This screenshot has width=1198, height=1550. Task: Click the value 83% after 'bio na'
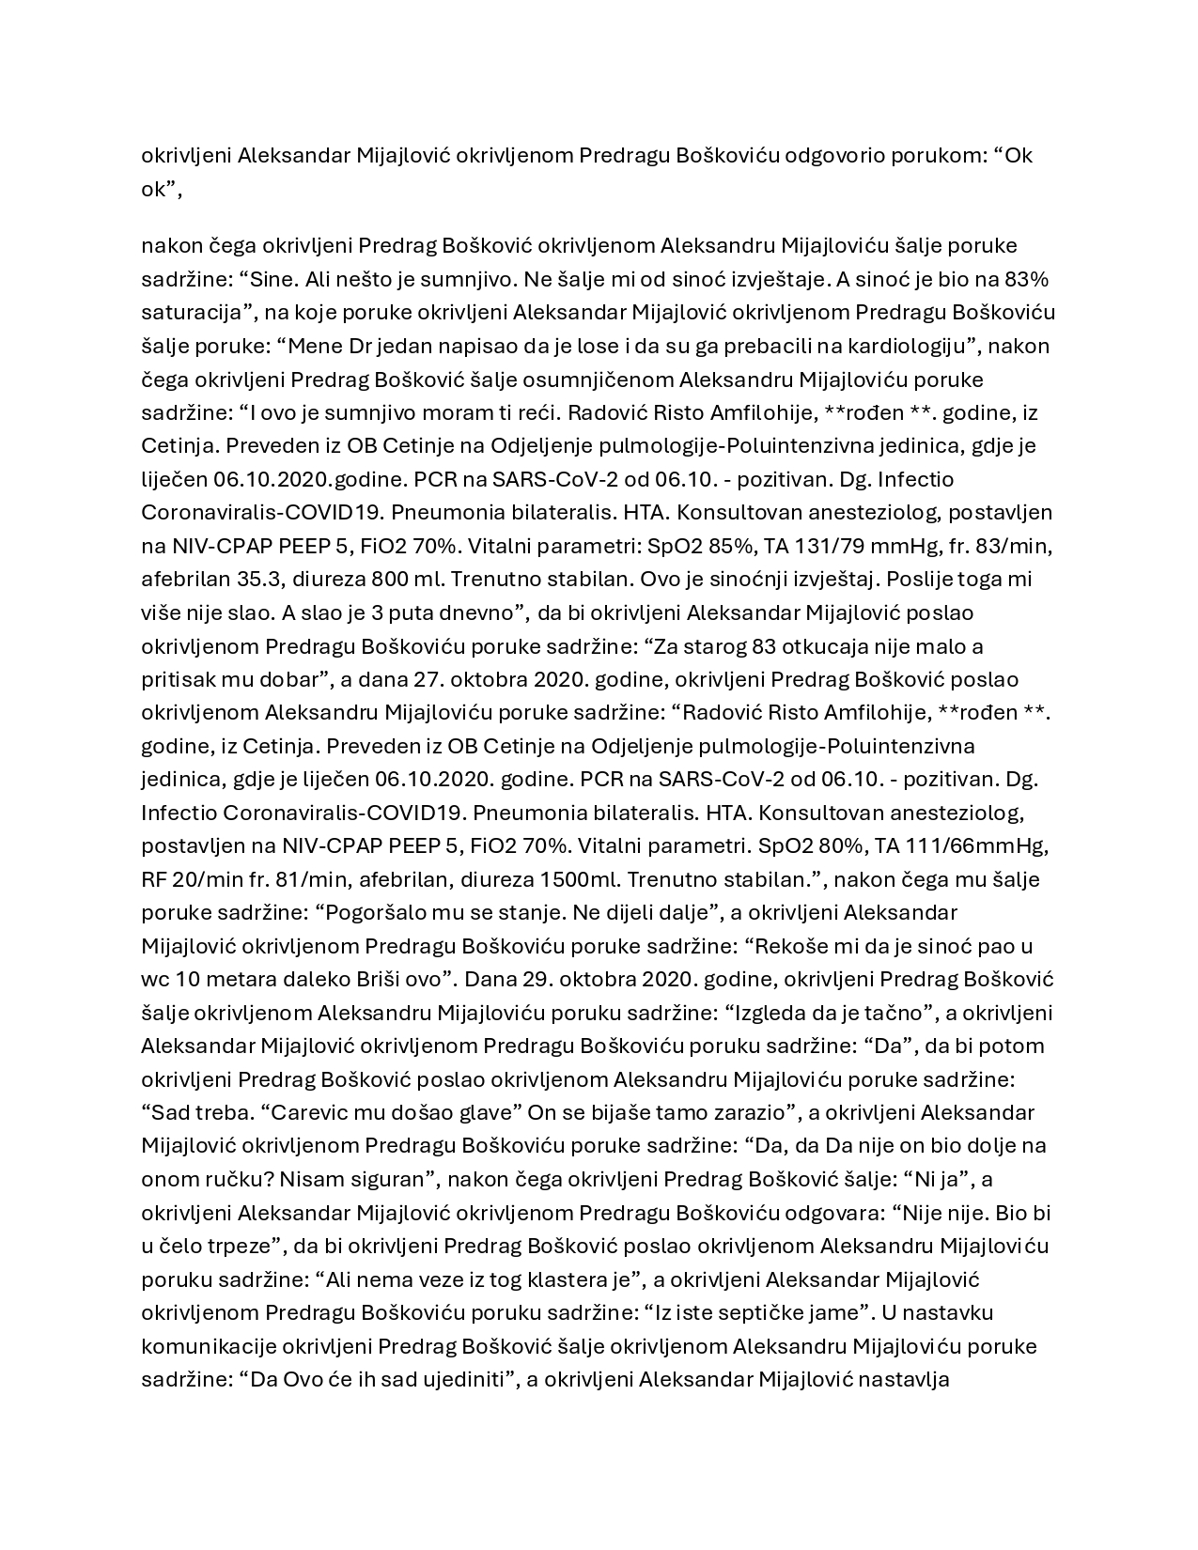click(x=1025, y=279)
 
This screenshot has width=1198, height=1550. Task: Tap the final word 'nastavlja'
click(x=907, y=1380)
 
